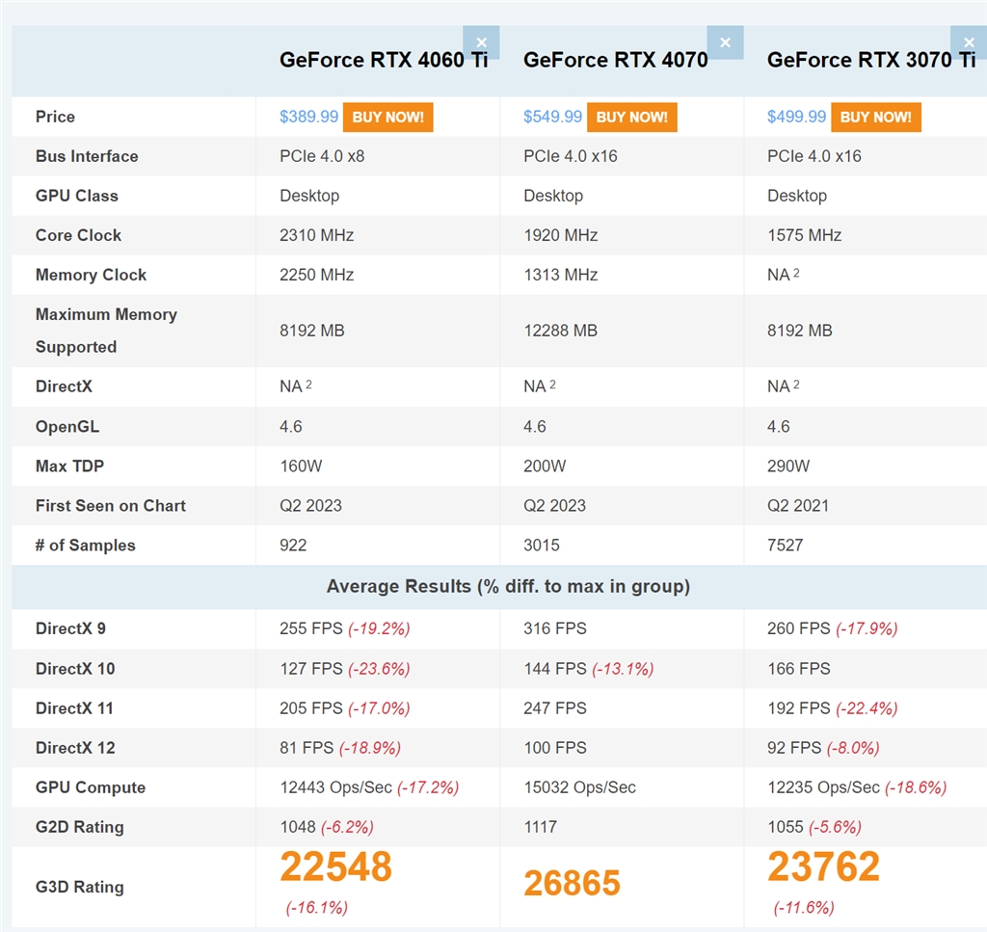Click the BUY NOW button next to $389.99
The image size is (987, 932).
pos(387,117)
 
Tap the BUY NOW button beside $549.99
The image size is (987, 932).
pos(631,117)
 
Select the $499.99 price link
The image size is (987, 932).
pos(796,117)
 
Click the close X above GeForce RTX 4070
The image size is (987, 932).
pos(725,42)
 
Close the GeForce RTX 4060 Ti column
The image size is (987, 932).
pos(481,42)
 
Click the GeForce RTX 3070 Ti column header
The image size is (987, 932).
pos(871,60)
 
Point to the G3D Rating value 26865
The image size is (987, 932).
pos(572,884)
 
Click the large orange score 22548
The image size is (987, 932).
pos(336,867)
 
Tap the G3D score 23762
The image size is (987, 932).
pos(823,867)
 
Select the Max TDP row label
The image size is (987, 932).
pos(69,466)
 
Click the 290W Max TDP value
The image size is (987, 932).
pos(787,466)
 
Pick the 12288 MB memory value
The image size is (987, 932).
pos(560,331)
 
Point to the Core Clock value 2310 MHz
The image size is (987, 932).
pos(316,235)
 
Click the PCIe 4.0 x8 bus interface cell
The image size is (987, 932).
pos(322,156)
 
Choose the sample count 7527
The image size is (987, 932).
pos(785,546)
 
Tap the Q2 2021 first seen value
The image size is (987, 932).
pos(798,506)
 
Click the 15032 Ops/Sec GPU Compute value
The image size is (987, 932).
pos(579,787)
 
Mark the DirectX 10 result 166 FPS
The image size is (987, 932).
pos(798,669)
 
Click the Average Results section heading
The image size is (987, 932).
pos(508,586)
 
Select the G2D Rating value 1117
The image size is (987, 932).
pos(540,827)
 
